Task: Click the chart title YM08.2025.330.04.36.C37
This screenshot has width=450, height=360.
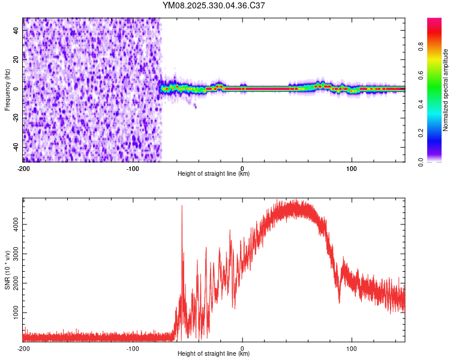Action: click(214, 6)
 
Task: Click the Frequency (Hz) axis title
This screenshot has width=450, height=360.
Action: click(7, 90)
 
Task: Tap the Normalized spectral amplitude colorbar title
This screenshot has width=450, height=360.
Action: click(446, 90)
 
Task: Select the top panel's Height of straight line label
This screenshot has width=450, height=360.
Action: click(214, 174)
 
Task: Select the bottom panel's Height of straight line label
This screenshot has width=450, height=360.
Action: click(214, 355)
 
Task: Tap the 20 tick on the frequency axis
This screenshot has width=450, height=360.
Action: click(16, 59)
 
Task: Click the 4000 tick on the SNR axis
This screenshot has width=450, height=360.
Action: click(13, 224)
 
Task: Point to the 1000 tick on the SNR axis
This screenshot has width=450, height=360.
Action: click(13, 313)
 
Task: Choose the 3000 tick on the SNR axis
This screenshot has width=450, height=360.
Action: click(13, 254)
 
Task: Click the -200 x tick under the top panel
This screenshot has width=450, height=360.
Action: click(23, 167)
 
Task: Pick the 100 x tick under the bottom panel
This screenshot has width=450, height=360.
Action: click(352, 348)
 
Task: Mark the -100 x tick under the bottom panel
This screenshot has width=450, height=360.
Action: click(133, 348)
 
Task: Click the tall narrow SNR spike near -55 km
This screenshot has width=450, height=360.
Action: click(182, 208)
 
